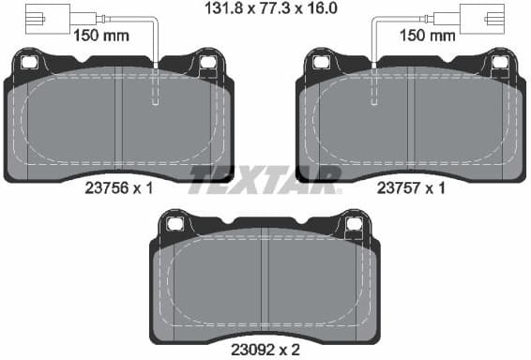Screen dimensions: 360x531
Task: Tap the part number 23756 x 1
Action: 118,187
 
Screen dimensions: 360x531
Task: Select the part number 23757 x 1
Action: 411,187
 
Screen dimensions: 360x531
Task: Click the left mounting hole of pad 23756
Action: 29,62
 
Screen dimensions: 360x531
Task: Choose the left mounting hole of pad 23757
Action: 322,62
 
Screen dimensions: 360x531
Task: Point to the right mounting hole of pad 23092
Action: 354,223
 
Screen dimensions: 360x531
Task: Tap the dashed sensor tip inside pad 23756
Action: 157,90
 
